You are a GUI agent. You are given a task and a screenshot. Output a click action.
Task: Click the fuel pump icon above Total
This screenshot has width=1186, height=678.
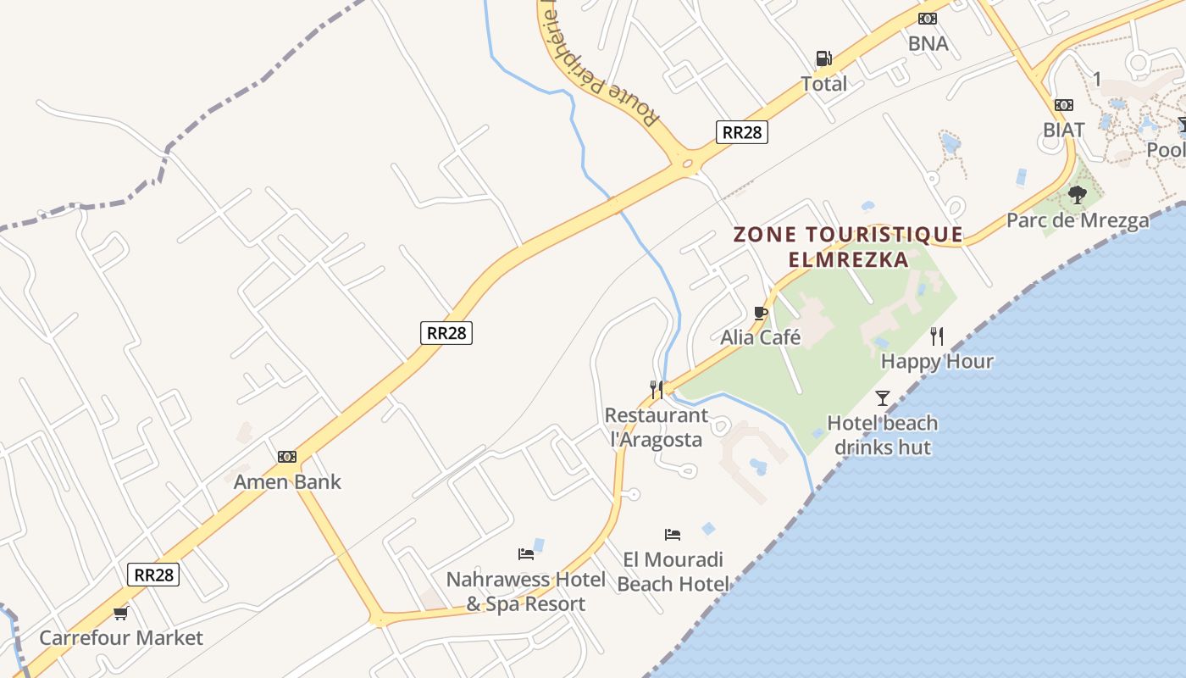[x=823, y=58]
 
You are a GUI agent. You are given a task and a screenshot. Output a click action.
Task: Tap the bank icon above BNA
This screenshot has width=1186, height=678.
[x=928, y=19]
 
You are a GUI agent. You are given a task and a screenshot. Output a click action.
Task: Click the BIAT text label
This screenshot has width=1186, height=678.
[x=1063, y=130]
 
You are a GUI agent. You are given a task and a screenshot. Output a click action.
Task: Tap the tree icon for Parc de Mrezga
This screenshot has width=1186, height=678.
[x=1078, y=195]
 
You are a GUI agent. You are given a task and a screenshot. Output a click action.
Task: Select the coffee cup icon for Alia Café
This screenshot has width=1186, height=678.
[x=760, y=313]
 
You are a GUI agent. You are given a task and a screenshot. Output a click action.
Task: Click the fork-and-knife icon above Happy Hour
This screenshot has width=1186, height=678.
[x=936, y=336]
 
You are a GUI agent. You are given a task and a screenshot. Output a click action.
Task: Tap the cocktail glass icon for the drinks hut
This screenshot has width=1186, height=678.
[x=883, y=397]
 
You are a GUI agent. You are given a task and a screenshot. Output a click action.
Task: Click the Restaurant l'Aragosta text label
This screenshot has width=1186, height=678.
[x=657, y=427]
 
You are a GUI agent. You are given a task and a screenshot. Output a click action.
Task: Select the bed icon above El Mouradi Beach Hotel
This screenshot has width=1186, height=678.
[x=673, y=534]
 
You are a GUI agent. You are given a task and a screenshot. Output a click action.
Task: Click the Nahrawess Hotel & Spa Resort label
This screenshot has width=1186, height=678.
[x=526, y=592]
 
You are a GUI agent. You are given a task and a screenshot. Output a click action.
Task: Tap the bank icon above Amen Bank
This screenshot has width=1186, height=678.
[x=287, y=457]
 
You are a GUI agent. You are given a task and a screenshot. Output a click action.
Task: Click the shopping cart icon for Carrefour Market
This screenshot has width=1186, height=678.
[x=120, y=613]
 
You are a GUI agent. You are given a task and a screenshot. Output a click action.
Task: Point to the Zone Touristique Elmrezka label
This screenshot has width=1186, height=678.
[x=848, y=247]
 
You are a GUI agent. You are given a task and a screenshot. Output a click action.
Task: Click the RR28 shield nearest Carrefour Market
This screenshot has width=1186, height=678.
[x=154, y=575]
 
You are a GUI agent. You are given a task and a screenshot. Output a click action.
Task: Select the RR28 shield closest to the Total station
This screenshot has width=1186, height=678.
[x=741, y=132]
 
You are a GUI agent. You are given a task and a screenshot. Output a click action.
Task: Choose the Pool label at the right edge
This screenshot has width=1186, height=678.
[x=1167, y=150]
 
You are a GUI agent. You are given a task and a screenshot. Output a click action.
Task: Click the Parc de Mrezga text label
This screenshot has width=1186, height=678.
[x=1078, y=220]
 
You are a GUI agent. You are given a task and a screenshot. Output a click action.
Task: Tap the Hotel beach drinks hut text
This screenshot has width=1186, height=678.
[x=882, y=435]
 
